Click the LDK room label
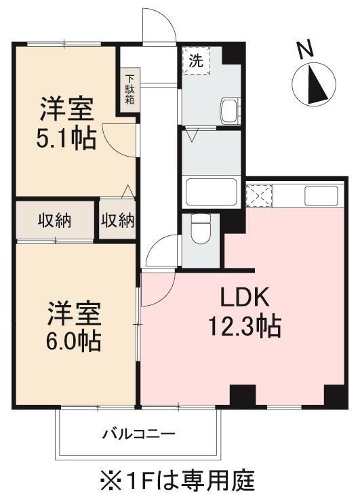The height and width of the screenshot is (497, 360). pyautogui.click(x=245, y=299)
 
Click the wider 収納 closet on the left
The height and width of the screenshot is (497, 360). pyautogui.click(x=56, y=220)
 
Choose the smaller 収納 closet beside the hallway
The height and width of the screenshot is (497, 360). pyautogui.click(x=118, y=220)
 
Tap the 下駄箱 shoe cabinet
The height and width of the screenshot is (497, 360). pyautogui.click(x=129, y=89)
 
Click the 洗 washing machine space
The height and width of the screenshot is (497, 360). pyautogui.click(x=196, y=60)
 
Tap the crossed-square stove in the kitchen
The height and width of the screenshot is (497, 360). pyautogui.click(x=258, y=196)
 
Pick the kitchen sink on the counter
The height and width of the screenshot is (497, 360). pyautogui.click(x=320, y=196)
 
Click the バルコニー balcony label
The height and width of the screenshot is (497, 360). pyautogui.click(x=140, y=433)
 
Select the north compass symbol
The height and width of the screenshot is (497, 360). pyautogui.click(x=313, y=84)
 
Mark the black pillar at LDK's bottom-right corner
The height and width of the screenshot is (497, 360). pyautogui.click(x=335, y=395)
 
